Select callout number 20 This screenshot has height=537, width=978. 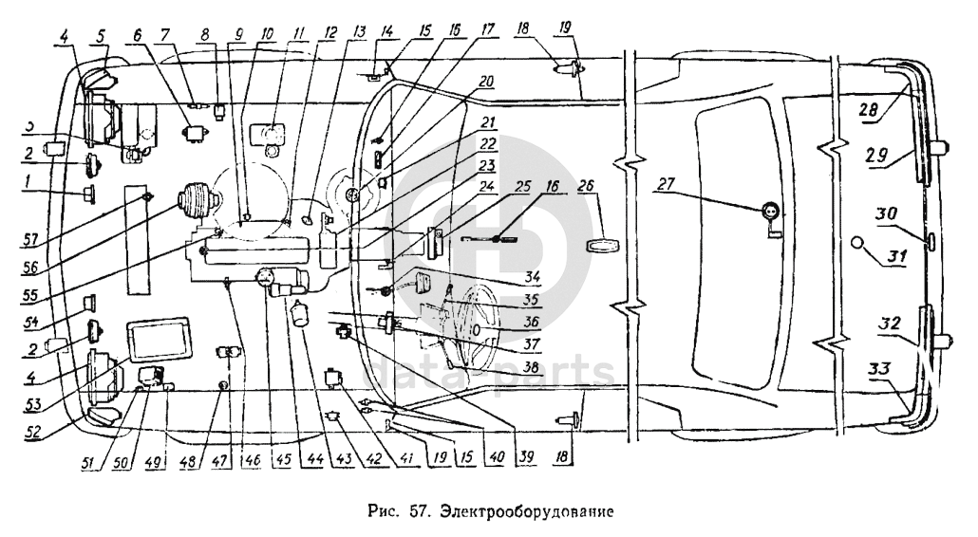[486, 83]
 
